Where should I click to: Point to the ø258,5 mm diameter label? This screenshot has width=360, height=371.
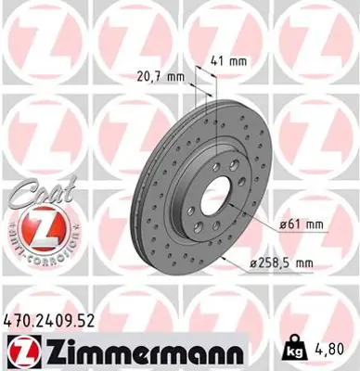coord(281,263)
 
